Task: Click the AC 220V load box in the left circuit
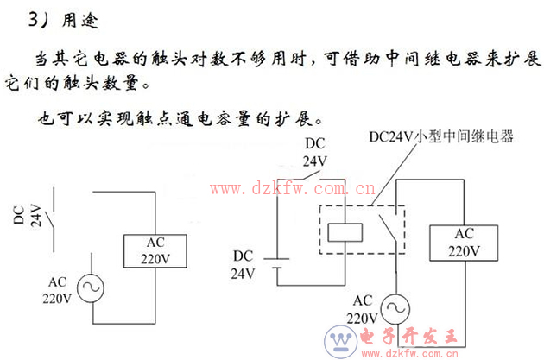pos(155,249)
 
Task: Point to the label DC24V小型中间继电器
pos(440,136)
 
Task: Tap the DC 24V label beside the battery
pos(244,264)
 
